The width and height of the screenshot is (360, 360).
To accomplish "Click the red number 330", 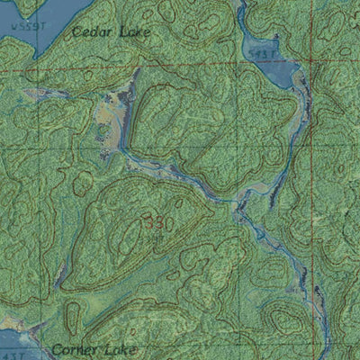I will [157, 221].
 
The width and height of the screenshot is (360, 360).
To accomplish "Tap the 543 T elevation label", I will [261, 55].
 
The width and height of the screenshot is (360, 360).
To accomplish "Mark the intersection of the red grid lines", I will [309, 69].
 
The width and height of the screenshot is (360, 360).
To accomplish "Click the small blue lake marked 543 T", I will [274, 70].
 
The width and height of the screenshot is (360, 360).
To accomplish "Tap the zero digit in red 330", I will [168, 221].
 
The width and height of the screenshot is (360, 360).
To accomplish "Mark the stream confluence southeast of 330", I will [241, 209].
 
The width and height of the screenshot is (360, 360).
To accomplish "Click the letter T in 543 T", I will [271, 55].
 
